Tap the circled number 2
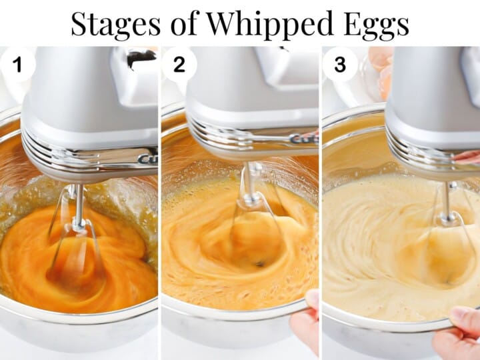click(179, 64)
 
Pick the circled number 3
click(340, 64)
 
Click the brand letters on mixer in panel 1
click(147, 159)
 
